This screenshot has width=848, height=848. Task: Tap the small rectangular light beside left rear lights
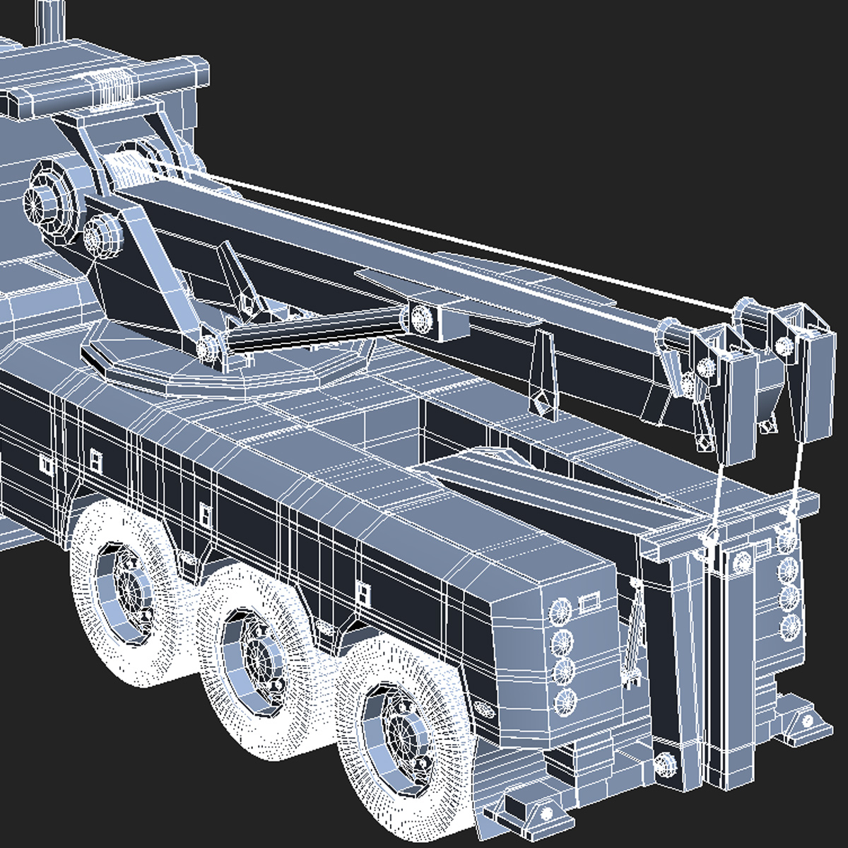pyautogui.click(x=588, y=603)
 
